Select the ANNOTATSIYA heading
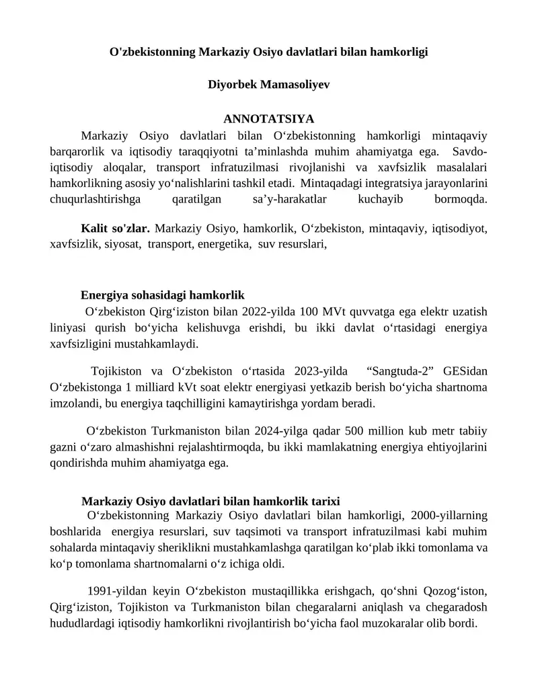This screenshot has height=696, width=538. [x=268, y=119]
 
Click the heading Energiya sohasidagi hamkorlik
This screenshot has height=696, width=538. [x=162, y=295]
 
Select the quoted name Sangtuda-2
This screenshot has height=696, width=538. [x=408, y=371]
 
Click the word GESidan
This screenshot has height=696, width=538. [x=465, y=371]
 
